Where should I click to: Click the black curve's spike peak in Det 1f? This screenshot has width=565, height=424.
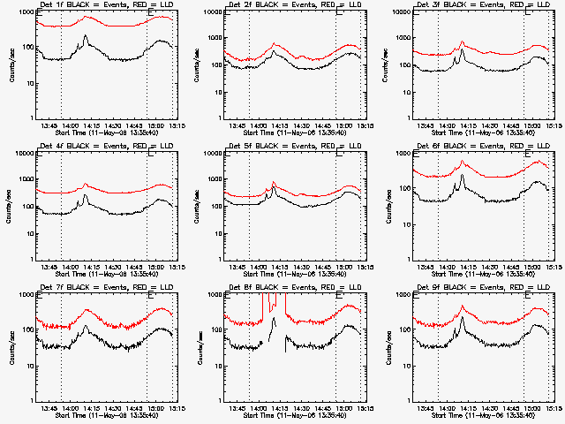point(86,35)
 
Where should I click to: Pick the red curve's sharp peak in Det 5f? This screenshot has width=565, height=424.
point(275,182)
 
